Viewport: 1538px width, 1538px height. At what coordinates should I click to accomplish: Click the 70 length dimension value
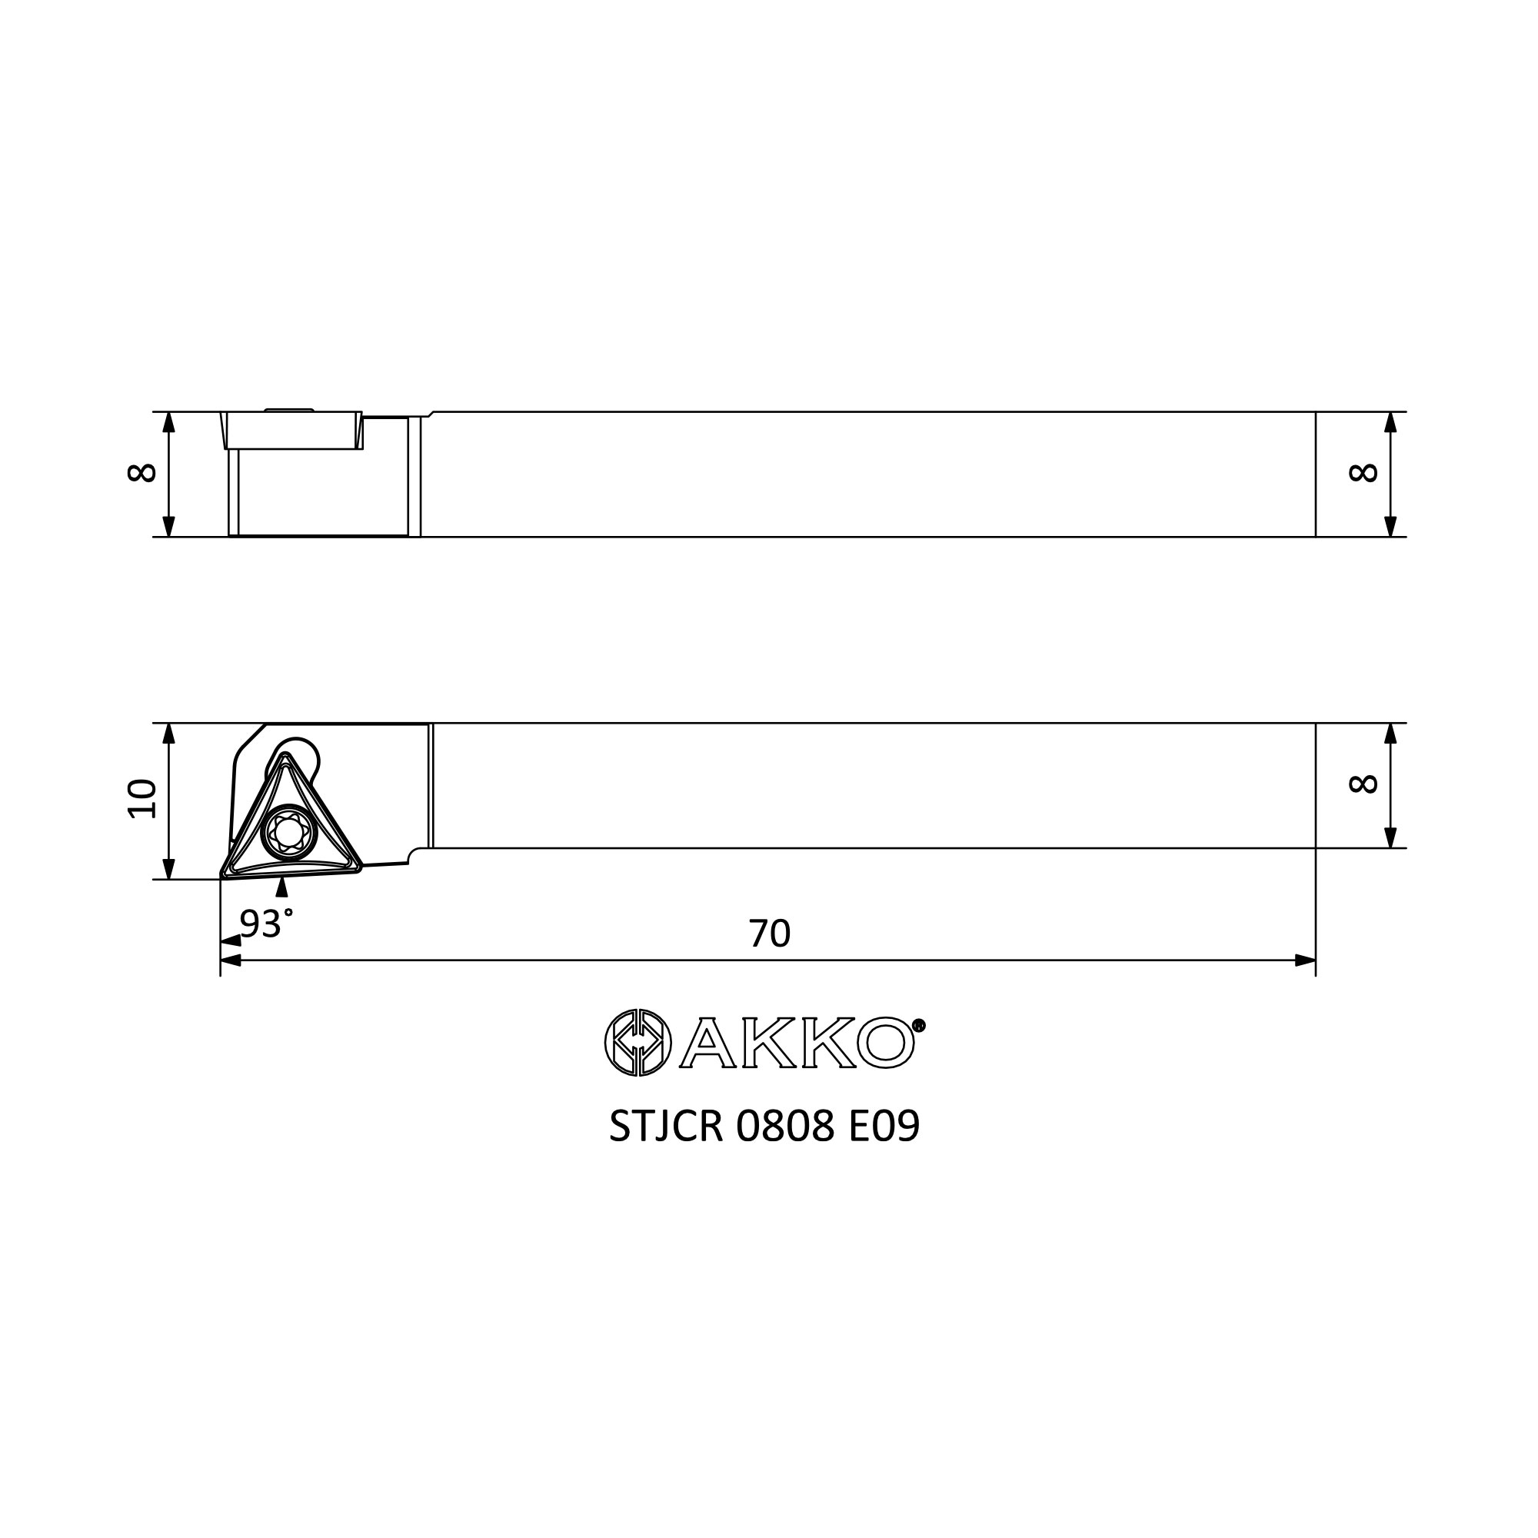769,933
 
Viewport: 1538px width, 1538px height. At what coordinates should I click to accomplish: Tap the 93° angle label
267,924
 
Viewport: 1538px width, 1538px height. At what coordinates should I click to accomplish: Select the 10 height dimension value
142,798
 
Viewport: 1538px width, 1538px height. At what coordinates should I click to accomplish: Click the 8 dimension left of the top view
141,473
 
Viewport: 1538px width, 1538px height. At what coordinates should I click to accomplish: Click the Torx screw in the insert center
289,833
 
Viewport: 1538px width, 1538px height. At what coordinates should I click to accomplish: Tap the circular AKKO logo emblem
638,1042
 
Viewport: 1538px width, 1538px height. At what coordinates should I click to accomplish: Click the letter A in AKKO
707,1043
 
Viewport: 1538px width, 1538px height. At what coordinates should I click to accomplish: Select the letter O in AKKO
885,1043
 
